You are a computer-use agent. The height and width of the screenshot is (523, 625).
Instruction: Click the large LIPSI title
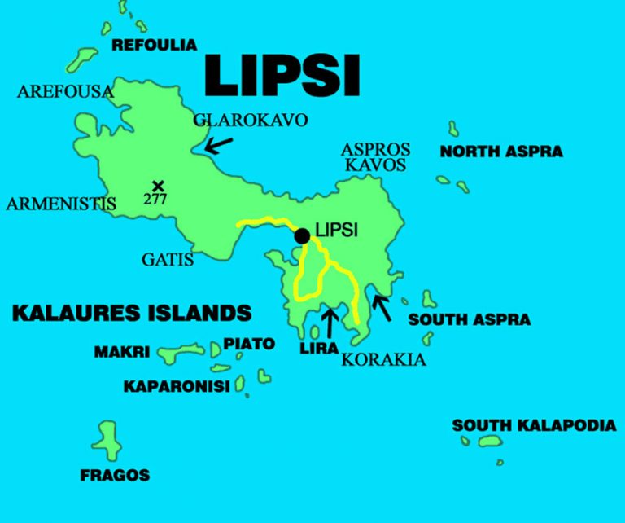pos(282,74)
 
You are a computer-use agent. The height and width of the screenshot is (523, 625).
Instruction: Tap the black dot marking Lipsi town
pos(302,236)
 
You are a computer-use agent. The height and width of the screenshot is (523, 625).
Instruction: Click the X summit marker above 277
pos(158,186)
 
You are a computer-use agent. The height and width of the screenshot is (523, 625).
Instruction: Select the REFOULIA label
pos(155,45)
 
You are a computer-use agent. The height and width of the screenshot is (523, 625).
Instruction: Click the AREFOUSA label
pos(64,91)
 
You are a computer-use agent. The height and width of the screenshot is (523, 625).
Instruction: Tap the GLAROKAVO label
pos(251,121)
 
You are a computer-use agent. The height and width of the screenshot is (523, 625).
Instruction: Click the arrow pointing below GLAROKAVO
pos(217,145)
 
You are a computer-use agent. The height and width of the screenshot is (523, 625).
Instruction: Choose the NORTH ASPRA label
pos(501,152)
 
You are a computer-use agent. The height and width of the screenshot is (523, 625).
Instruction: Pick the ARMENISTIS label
pos(61,204)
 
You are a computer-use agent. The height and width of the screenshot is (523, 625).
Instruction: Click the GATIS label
pos(168,260)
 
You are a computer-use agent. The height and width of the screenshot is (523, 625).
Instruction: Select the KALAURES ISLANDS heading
pos(131,312)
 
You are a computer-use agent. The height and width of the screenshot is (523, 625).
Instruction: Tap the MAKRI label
pos(122,353)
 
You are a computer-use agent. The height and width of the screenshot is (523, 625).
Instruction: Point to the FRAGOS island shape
pos(107,441)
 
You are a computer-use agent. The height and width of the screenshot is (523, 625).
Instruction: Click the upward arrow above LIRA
pos(329,322)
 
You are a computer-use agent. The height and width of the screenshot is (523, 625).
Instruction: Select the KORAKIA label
pos(383,359)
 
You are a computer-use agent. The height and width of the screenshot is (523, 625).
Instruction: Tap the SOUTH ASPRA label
pos(470,320)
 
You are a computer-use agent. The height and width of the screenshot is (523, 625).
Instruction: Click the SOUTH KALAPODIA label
pos(534,425)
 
